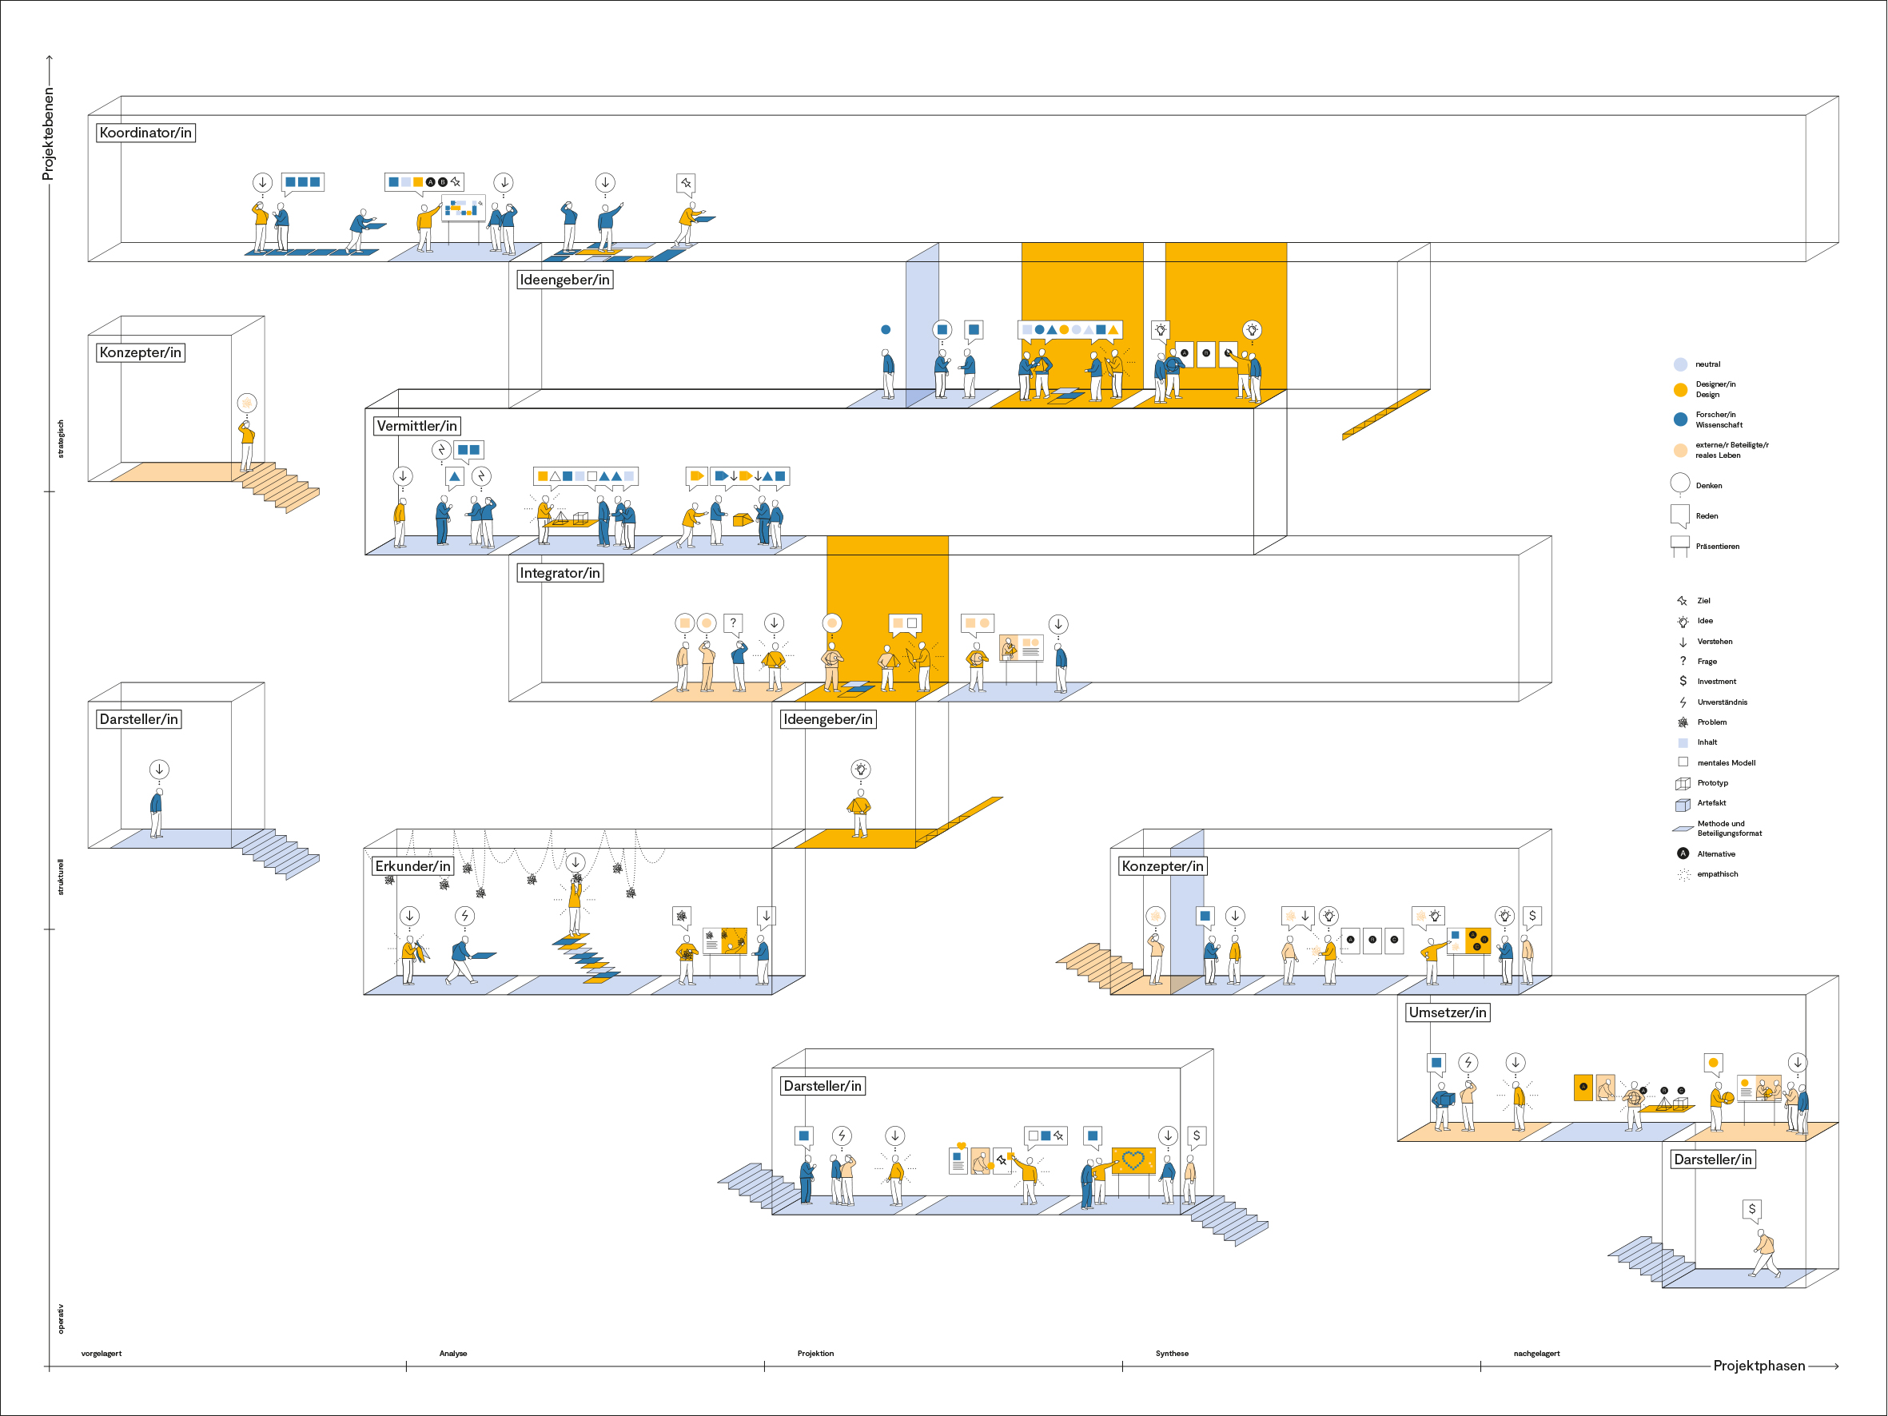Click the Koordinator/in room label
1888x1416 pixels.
145,133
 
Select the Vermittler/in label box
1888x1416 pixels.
416,426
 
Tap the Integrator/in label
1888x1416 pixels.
560,573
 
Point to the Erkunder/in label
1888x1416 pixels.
412,866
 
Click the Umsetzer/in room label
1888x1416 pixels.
1448,1013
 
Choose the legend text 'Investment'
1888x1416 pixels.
1716,682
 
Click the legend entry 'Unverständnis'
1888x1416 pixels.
1722,702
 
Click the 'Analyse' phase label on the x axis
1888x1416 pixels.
453,1354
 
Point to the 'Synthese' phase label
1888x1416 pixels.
1172,1354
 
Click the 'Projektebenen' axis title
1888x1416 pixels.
49,133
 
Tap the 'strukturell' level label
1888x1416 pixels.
61,877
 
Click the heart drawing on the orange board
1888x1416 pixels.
1133,1160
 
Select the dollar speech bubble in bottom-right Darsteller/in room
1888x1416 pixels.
1751,1210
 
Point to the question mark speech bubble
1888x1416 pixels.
733,623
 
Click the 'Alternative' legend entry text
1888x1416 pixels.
1715,854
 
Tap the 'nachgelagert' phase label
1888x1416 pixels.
1536,1354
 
